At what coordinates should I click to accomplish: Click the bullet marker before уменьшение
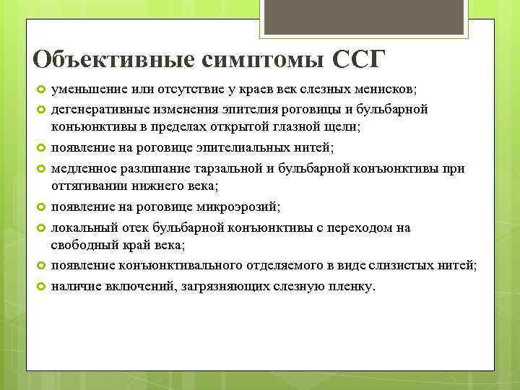(40, 89)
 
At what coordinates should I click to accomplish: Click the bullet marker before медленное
(40, 168)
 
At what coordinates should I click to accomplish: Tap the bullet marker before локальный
(40, 227)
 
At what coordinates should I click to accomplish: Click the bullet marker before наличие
(40, 287)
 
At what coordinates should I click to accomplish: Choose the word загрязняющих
(215, 287)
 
